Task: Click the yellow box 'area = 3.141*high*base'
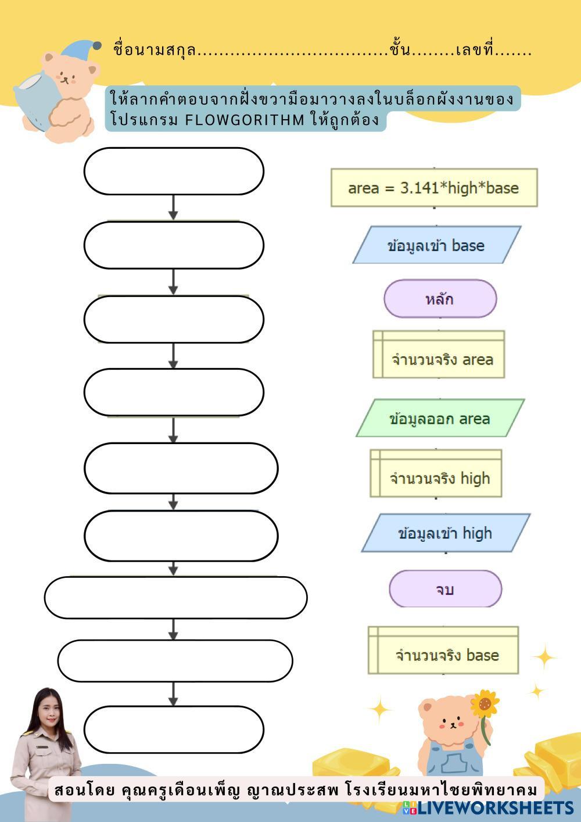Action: point(434,188)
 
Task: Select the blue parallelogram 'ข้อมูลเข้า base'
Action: point(437,245)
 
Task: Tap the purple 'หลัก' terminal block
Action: point(440,299)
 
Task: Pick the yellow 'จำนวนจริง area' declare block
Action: point(439,354)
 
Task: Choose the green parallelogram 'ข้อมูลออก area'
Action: point(440,418)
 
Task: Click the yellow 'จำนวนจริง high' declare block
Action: point(436,473)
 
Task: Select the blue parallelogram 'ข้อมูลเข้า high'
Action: point(446,533)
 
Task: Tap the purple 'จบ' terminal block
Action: point(445,589)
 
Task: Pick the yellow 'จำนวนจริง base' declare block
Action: point(443,651)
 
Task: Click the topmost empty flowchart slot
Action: point(174,171)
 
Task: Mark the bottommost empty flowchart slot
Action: point(174,730)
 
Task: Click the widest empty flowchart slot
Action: point(175,598)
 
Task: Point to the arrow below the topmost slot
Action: point(174,208)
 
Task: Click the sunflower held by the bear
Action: point(485,703)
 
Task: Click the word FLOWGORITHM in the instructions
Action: point(245,120)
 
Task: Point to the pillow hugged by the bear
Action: point(35,99)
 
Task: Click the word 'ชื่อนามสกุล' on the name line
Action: point(155,49)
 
